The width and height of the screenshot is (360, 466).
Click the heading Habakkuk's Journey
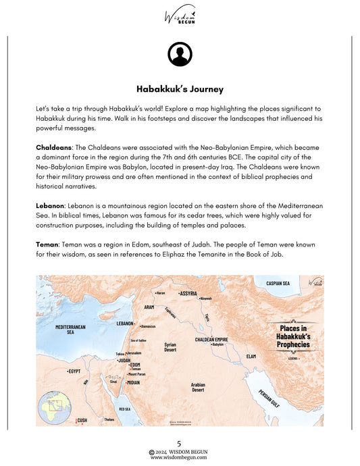180,88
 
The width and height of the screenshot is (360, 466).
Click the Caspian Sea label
278,283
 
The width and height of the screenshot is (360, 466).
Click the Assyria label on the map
188,294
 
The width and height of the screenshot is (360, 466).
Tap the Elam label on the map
251,355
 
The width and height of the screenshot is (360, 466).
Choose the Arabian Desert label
198,386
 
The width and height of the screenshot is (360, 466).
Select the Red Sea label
125,409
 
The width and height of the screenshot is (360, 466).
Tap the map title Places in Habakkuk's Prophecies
293,335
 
